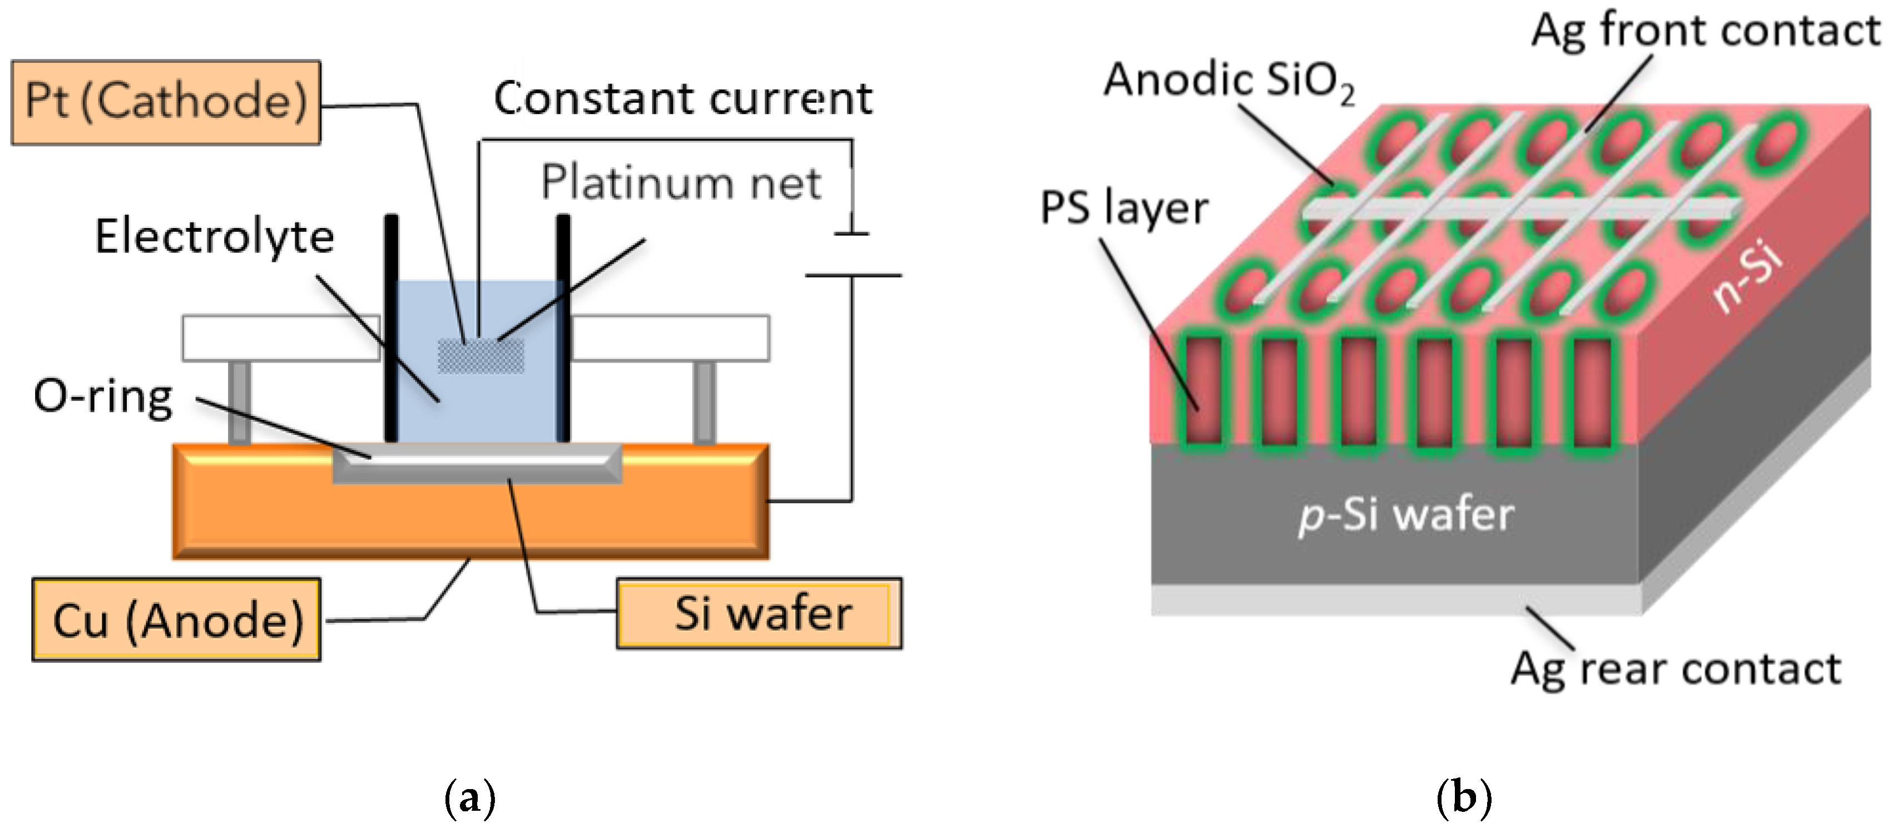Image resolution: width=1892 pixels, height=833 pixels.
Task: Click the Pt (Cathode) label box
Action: tap(166, 102)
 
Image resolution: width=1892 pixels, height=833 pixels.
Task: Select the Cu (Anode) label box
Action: tap(176, 619)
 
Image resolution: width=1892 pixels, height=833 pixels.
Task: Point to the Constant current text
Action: tap(683, 98)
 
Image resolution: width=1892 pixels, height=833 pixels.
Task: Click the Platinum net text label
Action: tap(681, 182)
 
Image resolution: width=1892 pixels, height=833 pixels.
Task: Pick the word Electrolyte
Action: tap(215, 236)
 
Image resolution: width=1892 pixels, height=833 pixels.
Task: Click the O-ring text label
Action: tap(103, 396)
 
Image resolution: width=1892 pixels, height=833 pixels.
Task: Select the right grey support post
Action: tap(705, 402)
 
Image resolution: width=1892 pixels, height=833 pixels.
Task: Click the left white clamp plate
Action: tap(280, 338)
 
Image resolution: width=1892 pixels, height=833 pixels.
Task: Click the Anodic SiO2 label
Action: tap(1229, 81)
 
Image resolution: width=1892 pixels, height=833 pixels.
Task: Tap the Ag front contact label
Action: tap(1706, 31)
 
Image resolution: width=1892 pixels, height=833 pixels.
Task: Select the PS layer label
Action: tap(1124, 208)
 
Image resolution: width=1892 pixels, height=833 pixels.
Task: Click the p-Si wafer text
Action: tap(1406, 514)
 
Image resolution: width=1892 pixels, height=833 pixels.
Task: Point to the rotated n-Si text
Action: tap(1747, 277)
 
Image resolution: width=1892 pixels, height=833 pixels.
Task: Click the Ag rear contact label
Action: tap(1676, 668)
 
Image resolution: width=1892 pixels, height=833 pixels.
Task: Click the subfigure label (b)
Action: tap(1464, 798)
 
